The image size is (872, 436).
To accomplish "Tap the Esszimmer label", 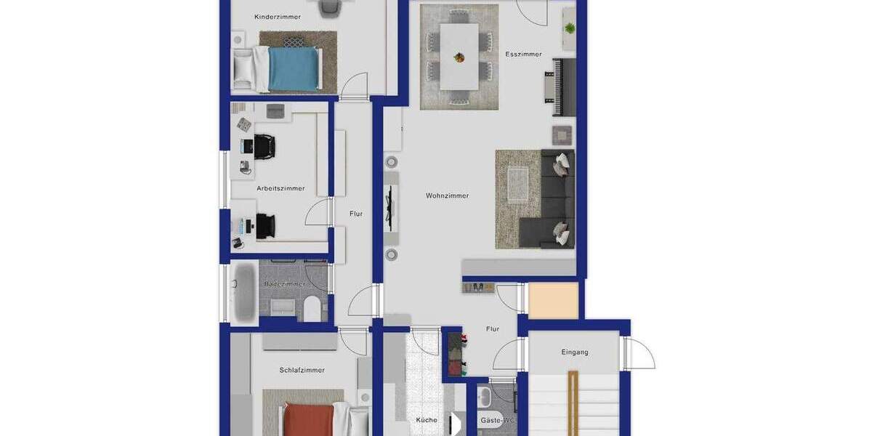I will (x=523, y=54).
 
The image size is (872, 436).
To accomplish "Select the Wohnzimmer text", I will (x=447, y=195).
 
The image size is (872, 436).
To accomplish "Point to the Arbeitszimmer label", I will (x=280, y=188).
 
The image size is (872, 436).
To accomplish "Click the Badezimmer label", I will (x=286, y=284).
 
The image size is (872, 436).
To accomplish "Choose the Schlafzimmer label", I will (x=302, y=370).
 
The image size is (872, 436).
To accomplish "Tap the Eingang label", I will (x=575, y=352).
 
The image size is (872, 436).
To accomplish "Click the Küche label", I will (x=427, y=420).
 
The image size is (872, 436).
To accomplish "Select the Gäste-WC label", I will (x=498, y=421).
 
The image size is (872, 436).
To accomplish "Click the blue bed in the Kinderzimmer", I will (x=294, y=68).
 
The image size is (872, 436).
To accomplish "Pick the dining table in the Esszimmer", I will (x=459, y=56).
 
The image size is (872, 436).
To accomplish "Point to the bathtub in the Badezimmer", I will (x=243, y=292).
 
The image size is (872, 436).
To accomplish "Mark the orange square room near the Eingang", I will (x=553, y=301).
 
